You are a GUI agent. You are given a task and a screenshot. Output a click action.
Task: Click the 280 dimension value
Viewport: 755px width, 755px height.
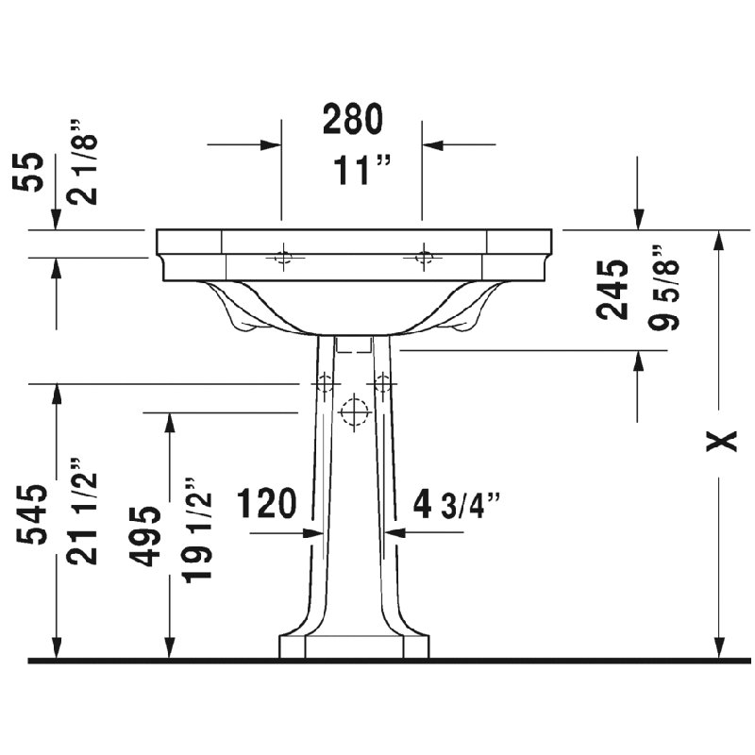(x=353, y=119)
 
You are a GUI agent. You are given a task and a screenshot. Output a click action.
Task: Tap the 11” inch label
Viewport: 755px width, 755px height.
(x=361, y=170)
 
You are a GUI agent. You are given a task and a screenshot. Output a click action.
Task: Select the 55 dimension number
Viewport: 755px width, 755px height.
(x=28, y=172)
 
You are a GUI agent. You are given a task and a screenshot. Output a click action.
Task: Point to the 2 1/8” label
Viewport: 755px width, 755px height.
(x=82, y=161)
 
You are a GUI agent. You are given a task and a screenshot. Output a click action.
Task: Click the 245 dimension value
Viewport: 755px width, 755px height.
(x=612, y=290)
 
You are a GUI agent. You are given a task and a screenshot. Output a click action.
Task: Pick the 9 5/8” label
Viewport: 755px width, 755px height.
(x=663, y=288)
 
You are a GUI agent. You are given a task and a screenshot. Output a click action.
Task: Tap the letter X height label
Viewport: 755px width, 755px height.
(x=721, y=441)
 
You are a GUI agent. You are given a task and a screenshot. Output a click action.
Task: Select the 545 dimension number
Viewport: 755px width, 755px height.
(x=32, y=514)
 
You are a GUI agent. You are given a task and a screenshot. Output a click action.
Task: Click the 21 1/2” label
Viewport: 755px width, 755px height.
(x=82, y=511)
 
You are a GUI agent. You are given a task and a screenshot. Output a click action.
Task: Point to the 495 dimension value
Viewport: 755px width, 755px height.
(x=144, y=535)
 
